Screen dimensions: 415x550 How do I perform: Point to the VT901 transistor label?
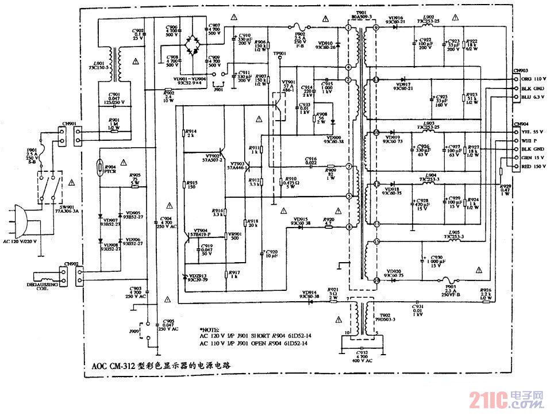click(x=289, y=82)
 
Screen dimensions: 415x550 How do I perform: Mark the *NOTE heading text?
click(x=209, y=328)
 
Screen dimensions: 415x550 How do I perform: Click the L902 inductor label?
click(x=429, y=18)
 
